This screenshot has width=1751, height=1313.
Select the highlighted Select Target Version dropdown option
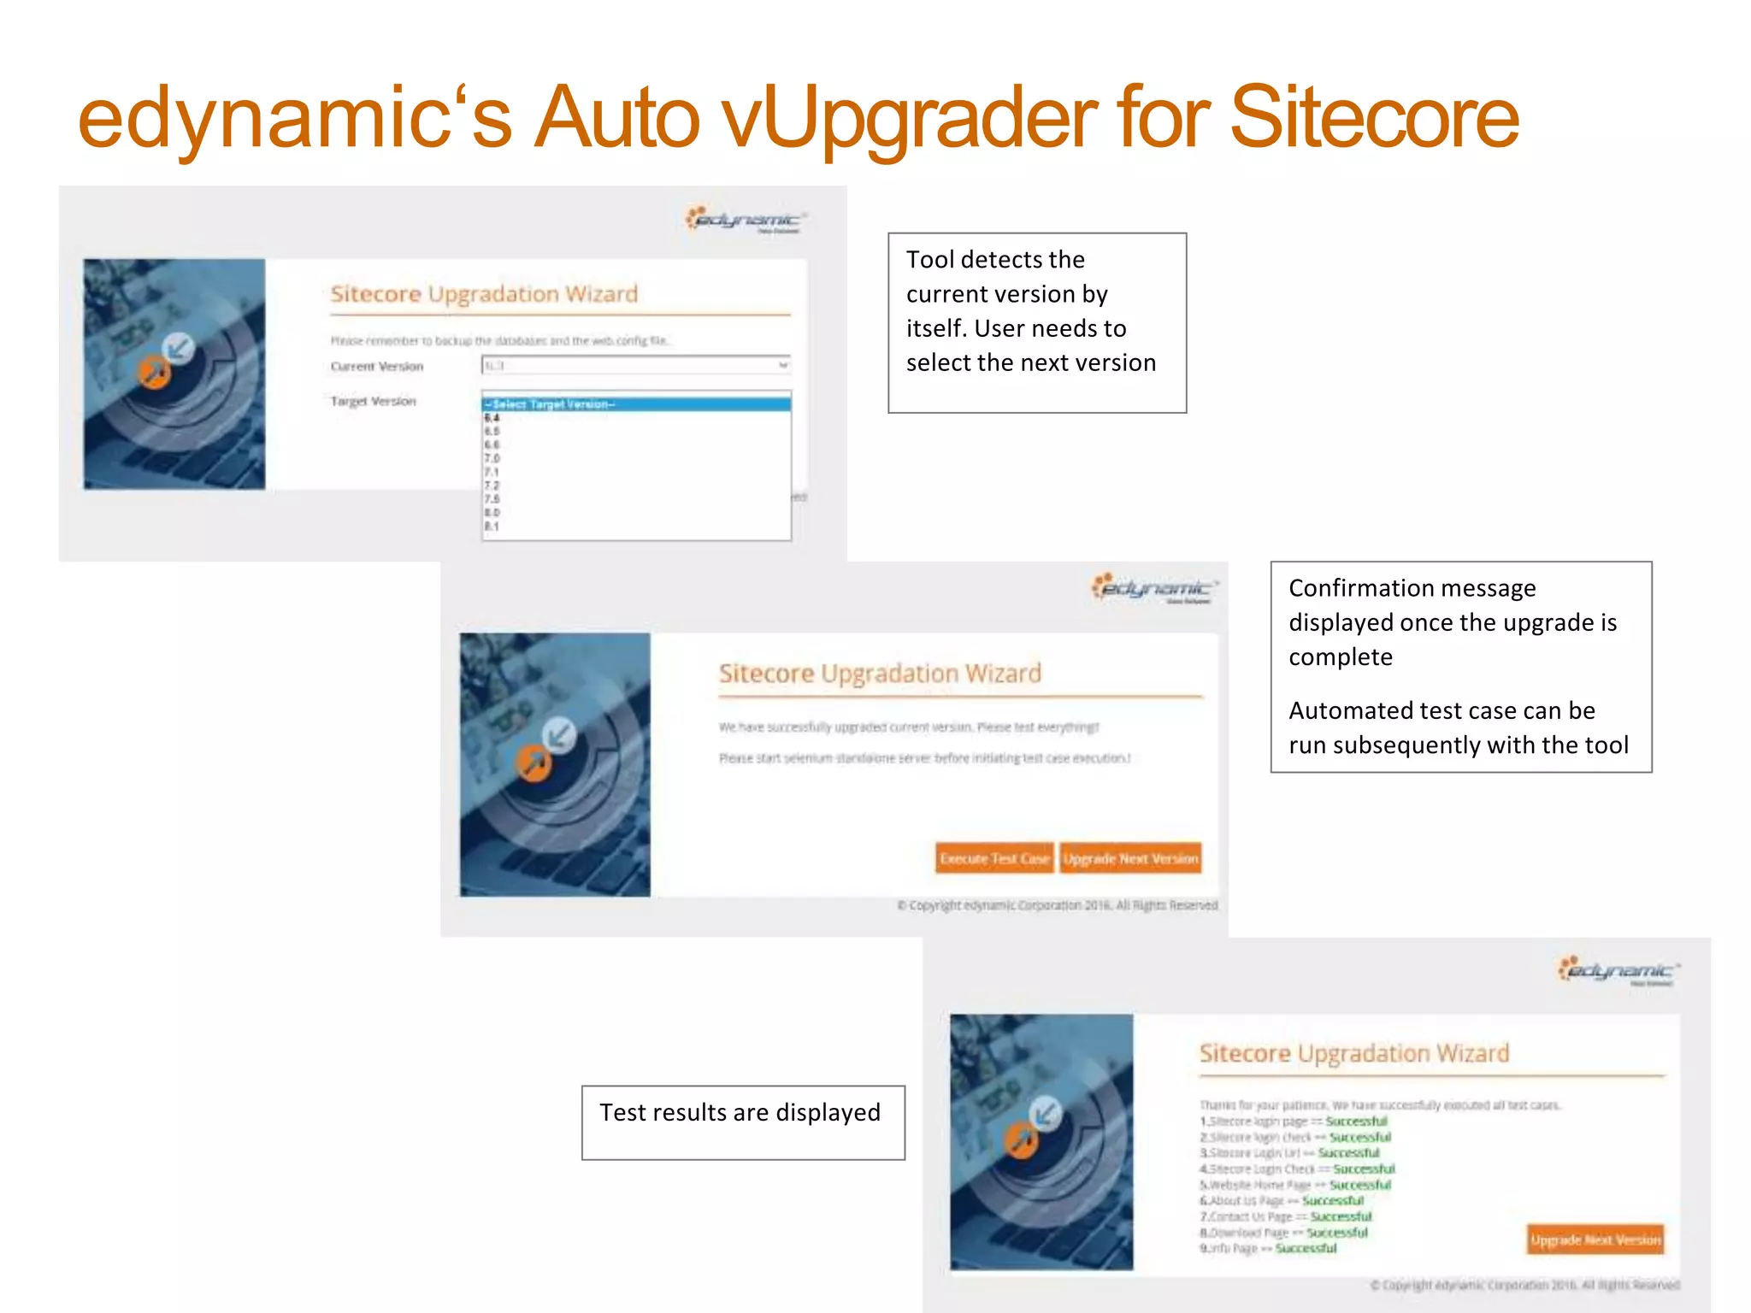click(x=636, y=404)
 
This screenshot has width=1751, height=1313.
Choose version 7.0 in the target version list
click(x=492, y=458)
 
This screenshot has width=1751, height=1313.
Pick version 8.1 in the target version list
click(x=492, y=527)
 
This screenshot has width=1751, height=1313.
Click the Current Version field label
click(x=377, y=367)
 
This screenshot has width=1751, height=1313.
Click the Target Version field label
click(x=374, y=401)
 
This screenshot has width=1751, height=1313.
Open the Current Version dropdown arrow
click(x=782, y=366)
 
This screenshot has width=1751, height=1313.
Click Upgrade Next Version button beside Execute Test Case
click(x=1130, y=858)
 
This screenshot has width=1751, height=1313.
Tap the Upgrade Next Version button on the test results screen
click(x=1595, y=1239)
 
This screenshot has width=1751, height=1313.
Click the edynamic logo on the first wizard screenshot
click(x=746, y=220)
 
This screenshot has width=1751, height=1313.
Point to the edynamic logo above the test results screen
click(x=1618, y=971)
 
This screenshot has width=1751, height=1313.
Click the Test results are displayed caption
click(x=740, y=1112)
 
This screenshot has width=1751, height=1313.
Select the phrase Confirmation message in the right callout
click(x=1412, y=588)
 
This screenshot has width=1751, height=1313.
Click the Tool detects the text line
click(x=995, y=260)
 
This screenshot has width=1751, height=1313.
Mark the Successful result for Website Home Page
click(x=1359, y=1185)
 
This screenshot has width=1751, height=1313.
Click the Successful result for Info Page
click(x=1306, y=1248)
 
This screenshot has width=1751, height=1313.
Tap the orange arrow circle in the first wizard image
click(x=155, y=372)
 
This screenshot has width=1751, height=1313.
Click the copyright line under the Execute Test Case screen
click(x=1057, y=905)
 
